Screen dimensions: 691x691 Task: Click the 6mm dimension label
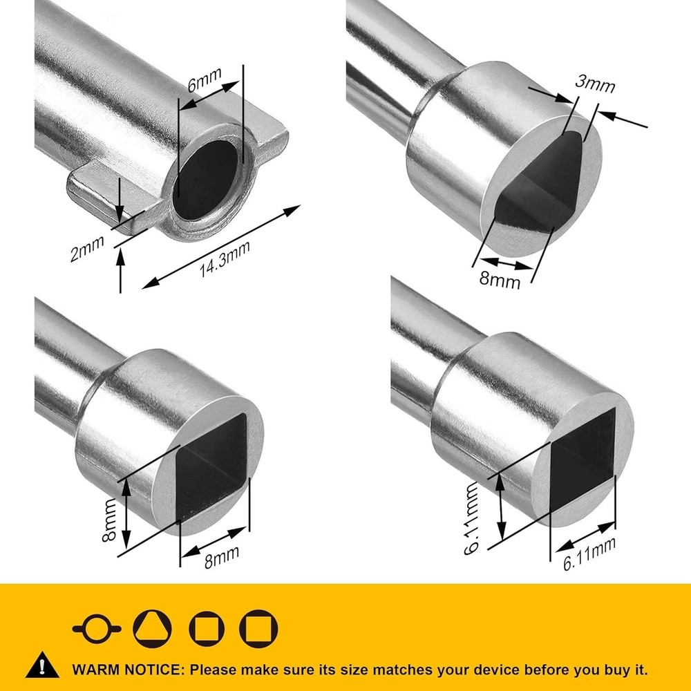pos(204,79)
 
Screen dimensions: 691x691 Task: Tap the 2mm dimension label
pos(87,249)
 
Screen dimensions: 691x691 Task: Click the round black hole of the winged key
pos(206,180)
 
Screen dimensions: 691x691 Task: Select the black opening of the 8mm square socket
pos(211,467)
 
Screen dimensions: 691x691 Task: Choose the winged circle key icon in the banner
pos(97,629)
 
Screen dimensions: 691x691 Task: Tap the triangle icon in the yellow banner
pos(152,629)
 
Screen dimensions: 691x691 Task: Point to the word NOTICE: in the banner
pos(153,670)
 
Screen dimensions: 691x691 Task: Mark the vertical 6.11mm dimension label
pos(471,518)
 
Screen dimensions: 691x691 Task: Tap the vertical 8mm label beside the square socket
pos(108,520)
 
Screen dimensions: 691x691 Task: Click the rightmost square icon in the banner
pos(258,629)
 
